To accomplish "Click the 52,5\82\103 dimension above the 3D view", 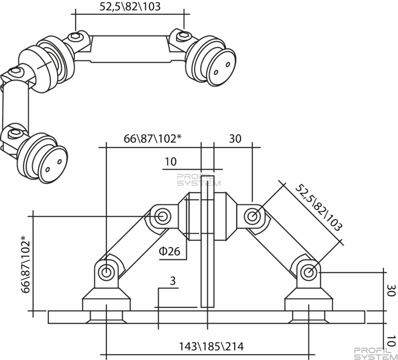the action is (x=130, y=6).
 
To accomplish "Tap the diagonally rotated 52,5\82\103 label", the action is (x=319, y=207).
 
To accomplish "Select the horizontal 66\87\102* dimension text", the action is (x=153, y=139).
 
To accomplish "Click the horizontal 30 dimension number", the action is (x=235, y=139).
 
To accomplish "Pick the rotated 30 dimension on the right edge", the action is (x=391, y=290).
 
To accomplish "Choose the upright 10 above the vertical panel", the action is (x=171, y=162).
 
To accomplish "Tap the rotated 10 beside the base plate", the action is (x=392, y=341).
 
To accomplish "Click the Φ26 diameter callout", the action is (x=169, y=251).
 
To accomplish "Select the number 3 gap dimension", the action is (x=173, y=281).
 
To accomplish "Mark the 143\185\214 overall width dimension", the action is (x=211, y=346).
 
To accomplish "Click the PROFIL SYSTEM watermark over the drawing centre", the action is (x=199, y=180).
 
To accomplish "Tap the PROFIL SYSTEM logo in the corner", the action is (x=376, y=354).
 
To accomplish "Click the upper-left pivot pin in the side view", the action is (x=161, y=216).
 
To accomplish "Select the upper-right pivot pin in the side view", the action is (x=252, y=216).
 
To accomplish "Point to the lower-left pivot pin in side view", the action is (x=106, y=272).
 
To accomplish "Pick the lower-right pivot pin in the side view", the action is (x=308, y=272).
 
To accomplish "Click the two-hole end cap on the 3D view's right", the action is (x=222, y=68).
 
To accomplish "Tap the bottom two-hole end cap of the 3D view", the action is (x=53, y=165).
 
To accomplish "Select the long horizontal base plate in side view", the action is (x=206, y=317).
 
